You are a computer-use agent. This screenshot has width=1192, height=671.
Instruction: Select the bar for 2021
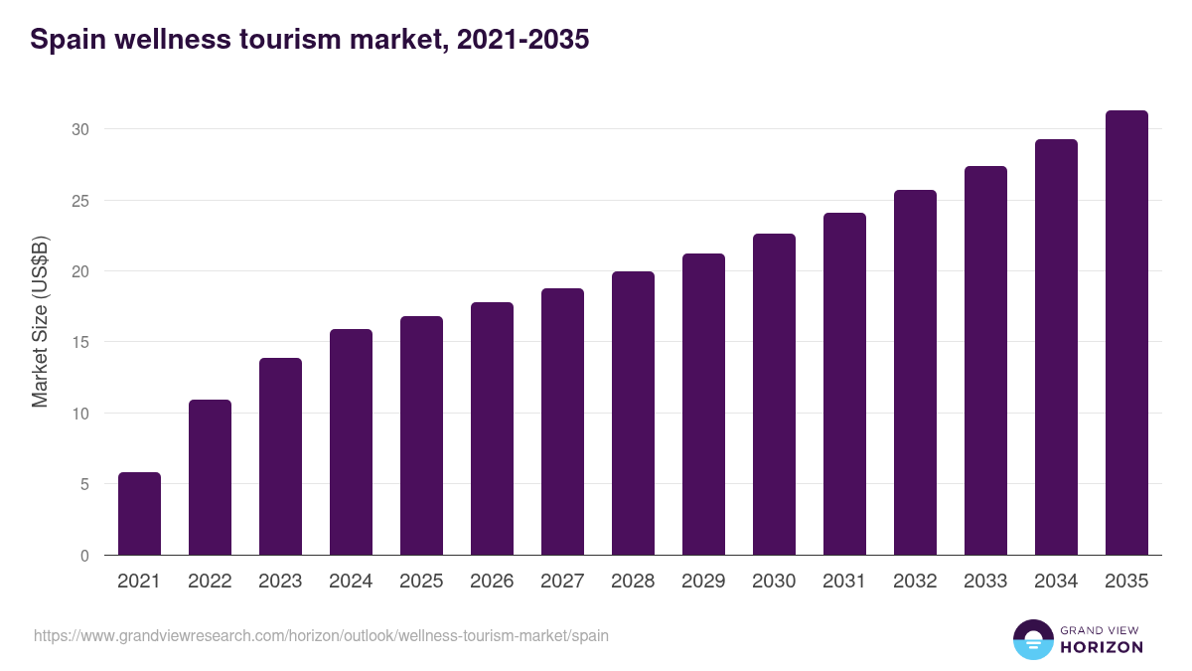tap(139, 514)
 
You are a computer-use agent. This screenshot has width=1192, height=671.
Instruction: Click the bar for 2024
tap(351, 442)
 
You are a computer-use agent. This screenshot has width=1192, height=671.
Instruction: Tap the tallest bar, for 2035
tap(1126, 333)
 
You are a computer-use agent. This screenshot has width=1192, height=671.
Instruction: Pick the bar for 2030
tap(774, 395)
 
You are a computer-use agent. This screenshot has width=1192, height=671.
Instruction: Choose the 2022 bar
tap(210, 477)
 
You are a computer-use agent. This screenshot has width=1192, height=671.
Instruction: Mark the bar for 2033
tap(985, 361)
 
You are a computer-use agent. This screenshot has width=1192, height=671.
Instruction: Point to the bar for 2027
tap(562, 421)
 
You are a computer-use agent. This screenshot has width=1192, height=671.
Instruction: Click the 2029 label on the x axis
tap(703, 582)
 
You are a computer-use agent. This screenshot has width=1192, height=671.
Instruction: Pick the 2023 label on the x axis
tap(280, 582)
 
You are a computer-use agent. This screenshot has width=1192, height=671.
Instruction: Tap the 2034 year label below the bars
tap(1056, 582)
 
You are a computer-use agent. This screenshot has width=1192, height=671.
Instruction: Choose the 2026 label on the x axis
tap(492, 582)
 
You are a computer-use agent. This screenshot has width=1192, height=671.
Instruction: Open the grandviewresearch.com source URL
tap(321, 635)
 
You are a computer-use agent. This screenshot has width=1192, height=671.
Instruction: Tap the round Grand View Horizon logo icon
tap(1032, 639)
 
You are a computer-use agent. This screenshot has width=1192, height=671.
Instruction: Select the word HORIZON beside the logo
tap(1102, 647)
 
